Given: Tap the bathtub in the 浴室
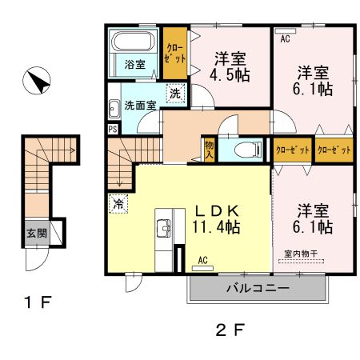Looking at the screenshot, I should coord(133,42).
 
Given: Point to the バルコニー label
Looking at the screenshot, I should coord(258,289).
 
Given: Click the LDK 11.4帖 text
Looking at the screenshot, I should coord(218,218).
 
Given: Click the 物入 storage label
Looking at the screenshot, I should coord(209,150).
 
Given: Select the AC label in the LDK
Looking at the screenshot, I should coord(202,259).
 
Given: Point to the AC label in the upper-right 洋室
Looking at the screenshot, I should coord(285,36).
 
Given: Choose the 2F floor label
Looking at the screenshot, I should coord(227,328).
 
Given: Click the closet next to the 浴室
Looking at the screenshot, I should coord(175,53).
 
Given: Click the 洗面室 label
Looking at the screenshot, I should coord(140,104).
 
